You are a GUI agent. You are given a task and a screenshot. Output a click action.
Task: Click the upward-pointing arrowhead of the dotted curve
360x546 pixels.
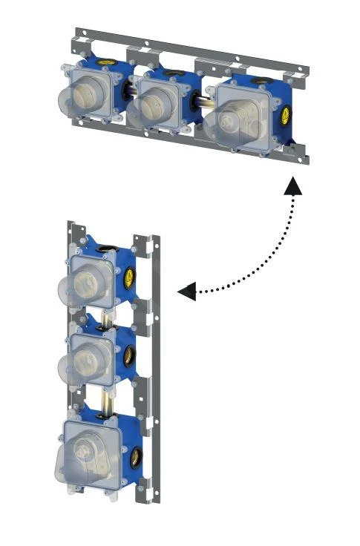coord(295,185)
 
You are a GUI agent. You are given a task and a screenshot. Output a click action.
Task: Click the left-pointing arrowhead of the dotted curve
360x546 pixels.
coord(188,292)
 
